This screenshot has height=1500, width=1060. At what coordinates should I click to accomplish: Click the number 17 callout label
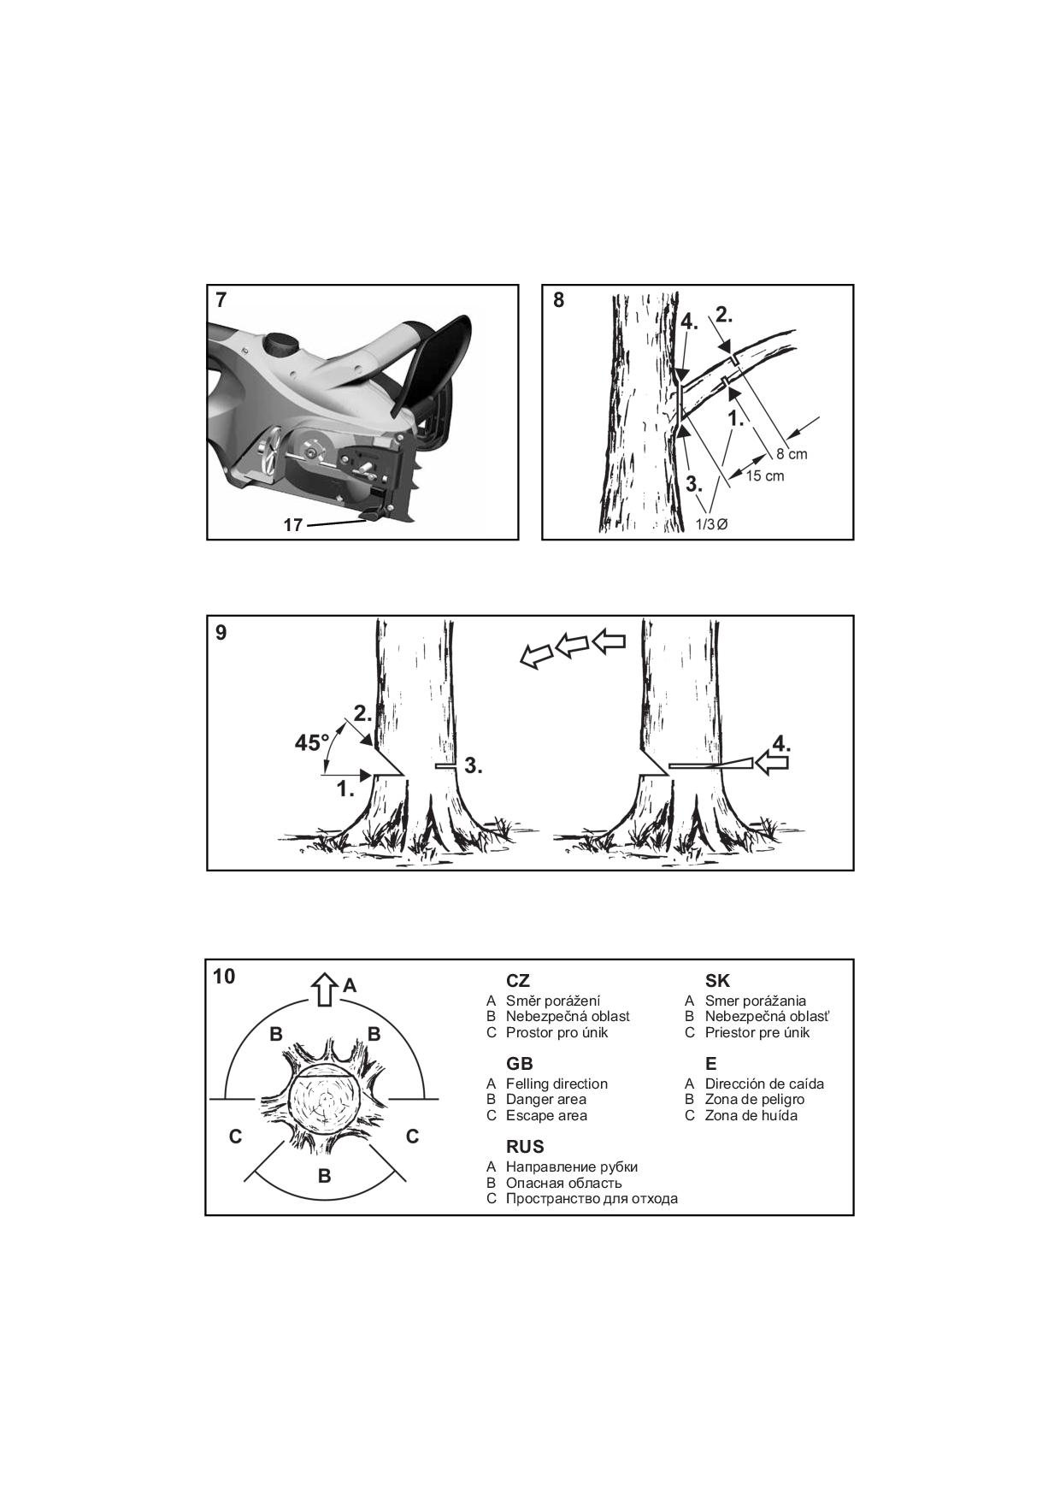tap(293, 525)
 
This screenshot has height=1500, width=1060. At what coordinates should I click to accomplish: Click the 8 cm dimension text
tap(792, 454)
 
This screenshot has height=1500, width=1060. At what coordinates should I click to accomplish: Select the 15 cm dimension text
tap(764, 476)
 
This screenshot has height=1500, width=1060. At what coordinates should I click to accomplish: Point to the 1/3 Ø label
tap(711, 524)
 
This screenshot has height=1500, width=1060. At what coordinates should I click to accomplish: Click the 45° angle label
tap(312, 743)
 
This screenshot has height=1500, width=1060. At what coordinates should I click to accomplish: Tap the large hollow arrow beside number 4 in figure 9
tap(772, 763)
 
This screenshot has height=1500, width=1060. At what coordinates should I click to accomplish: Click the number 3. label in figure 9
tap(474, 766)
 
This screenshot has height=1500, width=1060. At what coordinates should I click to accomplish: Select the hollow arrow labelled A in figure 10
tap(323, 989)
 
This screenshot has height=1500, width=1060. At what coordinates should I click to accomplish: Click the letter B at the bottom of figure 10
tap(324, 1176)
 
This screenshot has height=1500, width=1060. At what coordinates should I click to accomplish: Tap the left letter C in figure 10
tap(236, 1137)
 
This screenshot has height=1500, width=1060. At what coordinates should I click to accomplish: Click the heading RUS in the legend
tap(525, 1147)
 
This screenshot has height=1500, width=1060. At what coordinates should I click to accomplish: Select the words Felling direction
tap(556, 1084)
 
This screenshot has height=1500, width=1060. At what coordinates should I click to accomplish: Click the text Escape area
tap(546, 1115)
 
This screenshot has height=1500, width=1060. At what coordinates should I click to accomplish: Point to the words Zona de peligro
tap(755, 1099)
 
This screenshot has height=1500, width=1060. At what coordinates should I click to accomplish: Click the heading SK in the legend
tap(717, 981)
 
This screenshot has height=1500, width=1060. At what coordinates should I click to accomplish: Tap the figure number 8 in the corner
tap(559, 300)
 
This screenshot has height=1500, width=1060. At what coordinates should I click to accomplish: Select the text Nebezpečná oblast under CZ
tap(568, 1016)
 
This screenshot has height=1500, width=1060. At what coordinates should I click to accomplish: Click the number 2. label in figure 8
tap(724, 315)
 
